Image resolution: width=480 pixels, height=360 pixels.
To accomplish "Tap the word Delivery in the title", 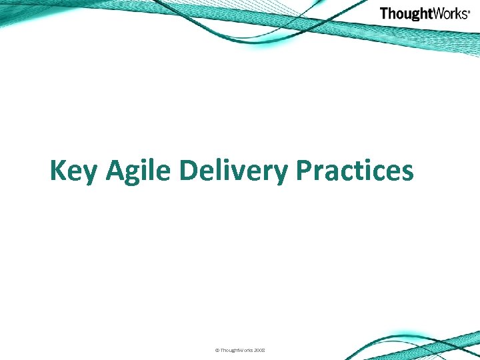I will (x=234, y=171).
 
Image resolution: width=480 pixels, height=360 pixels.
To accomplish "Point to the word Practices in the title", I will (x=355, y=171).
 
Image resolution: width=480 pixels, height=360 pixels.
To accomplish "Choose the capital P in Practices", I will (x=303, y=171).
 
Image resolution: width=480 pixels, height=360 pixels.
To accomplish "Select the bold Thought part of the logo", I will (x=407, y=13).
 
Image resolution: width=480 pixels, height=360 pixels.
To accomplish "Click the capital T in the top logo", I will (x=385, y=13).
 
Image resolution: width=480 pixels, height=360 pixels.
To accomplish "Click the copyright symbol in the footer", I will (x=217, y=350).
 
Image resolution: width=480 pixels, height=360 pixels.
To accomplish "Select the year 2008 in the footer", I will (x=258, y=350).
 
